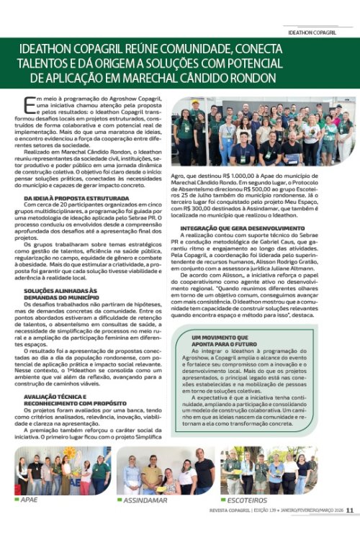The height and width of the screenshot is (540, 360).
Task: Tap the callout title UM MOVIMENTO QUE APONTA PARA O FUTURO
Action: tap(225, 339)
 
